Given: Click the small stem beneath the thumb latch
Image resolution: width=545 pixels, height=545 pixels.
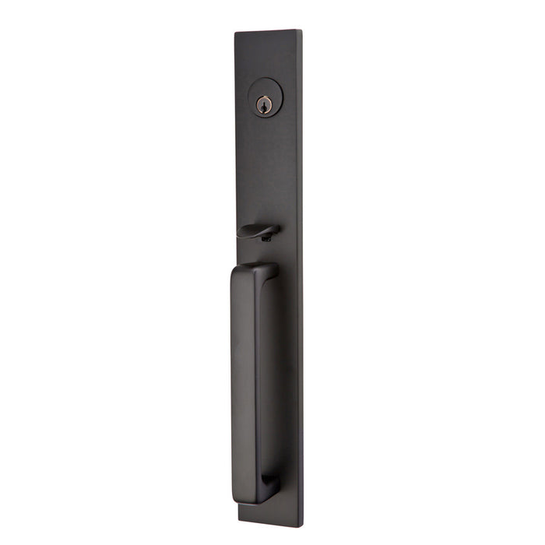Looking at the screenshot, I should point(267,237).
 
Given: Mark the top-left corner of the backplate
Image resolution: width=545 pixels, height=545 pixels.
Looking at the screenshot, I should point(236,33).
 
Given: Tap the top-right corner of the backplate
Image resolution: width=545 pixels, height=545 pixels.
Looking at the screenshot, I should point(301,31).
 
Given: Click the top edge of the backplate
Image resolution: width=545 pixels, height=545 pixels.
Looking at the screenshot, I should point(268,32).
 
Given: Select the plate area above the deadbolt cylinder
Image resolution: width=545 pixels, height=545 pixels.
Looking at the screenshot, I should point(267,58).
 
